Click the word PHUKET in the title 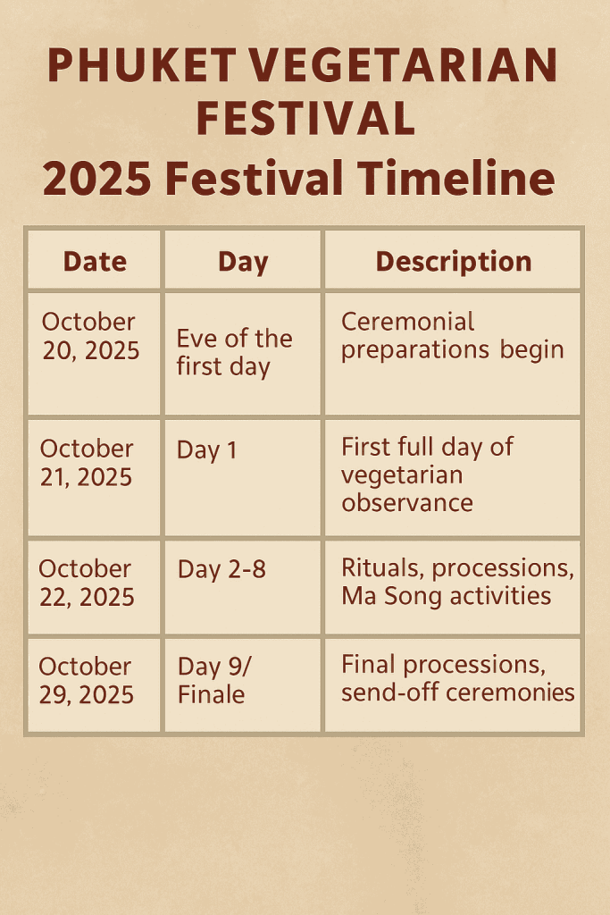click(x=142, y=65)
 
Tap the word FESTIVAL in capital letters click(x=305, y=119)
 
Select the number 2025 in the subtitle click(x=96, y=179)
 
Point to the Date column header click(x=95, y=261)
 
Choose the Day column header click(x=243, y=262)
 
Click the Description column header click(x=453, y=262)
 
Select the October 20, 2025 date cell click(x=90, y=336)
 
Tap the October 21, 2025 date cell click(x=87, y=463)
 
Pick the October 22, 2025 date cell click(x=87, y=583)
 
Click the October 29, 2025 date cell click(x=86, y=680)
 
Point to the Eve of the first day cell click(x=234, y=353)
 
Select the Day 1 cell click(x=207, y=450)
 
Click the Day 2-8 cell click(x=221, y=569)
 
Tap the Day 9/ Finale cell click(x=214, y=680)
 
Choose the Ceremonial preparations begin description click(x=453, y=336)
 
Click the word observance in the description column click(x=407, y=503)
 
